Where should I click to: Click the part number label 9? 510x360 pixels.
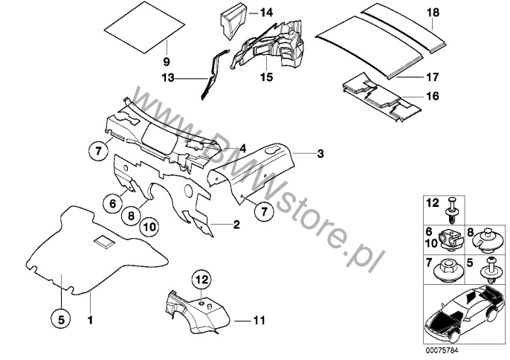(x=166, y=60)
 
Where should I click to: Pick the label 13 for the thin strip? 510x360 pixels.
(x=168, y=77)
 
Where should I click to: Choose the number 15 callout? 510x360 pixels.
(x=265, y=77)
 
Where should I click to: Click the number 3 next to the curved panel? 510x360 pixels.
(x=320, y=154)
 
